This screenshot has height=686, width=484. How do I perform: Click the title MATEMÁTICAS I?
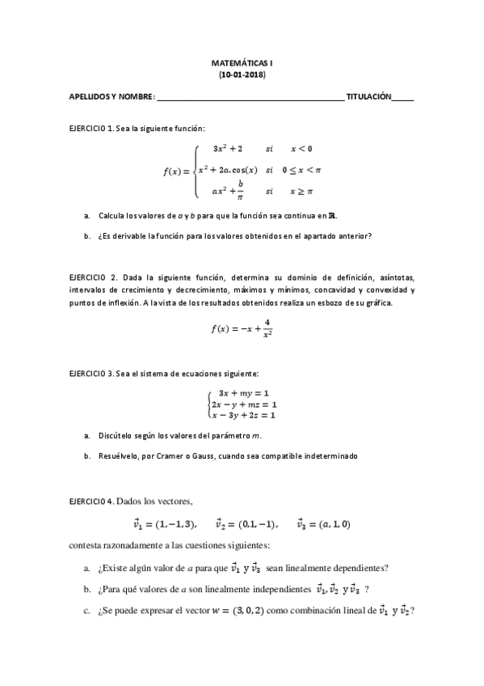point(242,61)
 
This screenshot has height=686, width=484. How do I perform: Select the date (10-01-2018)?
point(242,74)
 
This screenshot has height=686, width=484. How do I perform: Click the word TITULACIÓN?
point(368,97)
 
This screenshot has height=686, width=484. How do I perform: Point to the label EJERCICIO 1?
point(92,129)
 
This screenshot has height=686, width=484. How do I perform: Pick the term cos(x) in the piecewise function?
point(242,170)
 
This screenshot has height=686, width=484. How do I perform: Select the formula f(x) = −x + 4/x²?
point(242,328)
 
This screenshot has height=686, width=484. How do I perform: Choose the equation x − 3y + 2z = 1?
point(243,415)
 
